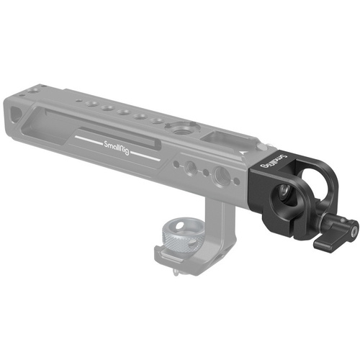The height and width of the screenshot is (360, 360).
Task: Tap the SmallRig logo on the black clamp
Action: (279, 163)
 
